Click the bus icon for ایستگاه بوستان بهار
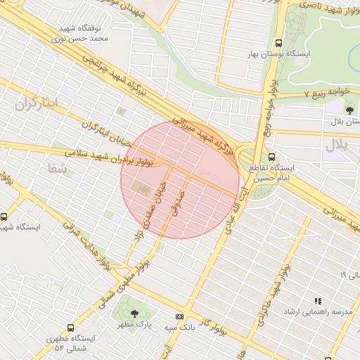(280, 42)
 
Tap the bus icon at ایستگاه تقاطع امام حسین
(272, 157)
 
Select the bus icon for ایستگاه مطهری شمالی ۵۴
(71, 328)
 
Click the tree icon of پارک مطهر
(134, 312)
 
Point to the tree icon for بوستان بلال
(349, 109)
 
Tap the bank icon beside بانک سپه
(179, 316)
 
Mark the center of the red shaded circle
(180, 179)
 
